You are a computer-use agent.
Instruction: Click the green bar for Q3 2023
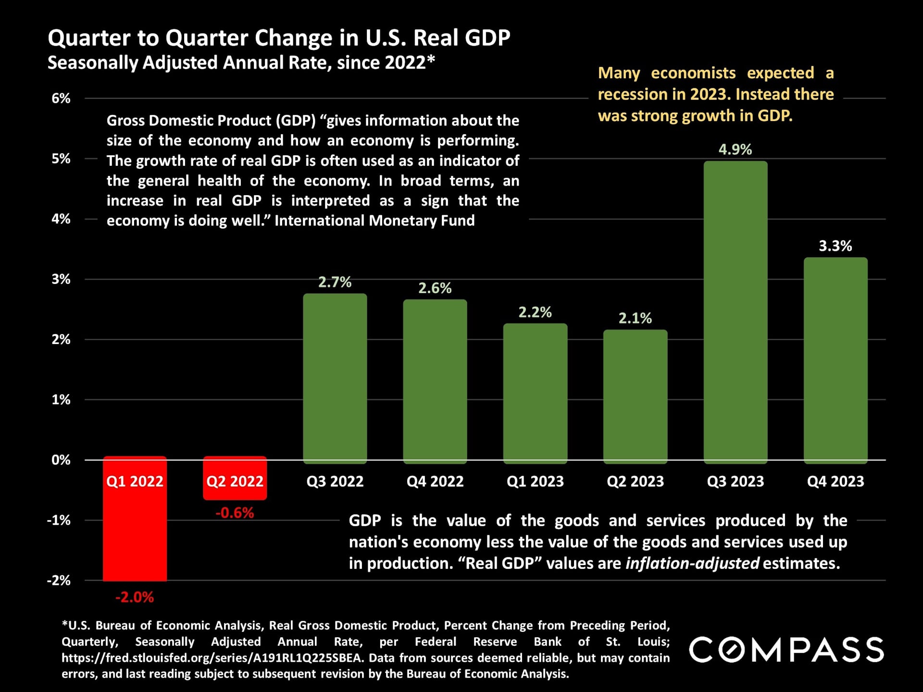pyautogui.click(x=735, y=312)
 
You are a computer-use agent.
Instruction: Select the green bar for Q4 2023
pyautogui.click(x=836, y=360)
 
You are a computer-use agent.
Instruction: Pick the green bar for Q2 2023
pyautogui.click(x=635, y=396)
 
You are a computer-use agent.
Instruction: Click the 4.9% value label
pyautogui.click(x=735, y=149)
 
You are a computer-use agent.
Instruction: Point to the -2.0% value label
pyautogui.click(x=135, y=597)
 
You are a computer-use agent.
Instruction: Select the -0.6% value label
pyautogui.click(x=235, y=513)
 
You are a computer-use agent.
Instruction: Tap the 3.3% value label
pyautogui.click(x=836, y=246)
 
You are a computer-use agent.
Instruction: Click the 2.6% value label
pyautogui.click(x=435, y=288)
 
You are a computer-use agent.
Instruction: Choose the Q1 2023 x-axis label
pyautogui.click(x=535, y=481)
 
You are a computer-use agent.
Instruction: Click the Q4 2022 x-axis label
pyautogui.click(x=435, y=481)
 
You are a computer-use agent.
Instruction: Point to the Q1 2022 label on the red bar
pyautogui.click(x=135, y=481)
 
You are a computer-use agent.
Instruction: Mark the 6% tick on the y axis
pyautogui.click(x=61, y=99)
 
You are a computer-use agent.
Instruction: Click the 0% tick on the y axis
pyautogui.click(x=61, y=460)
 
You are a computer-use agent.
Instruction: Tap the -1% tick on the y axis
pyautogui.click(x=59, y=520)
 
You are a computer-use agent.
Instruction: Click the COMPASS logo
pyautogui.click(x=786, y=650)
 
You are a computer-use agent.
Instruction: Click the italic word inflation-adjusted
pyautogui.click(x=692, y=563)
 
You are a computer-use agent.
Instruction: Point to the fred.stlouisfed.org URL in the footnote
pyautogui.click(x=212, y=658)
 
